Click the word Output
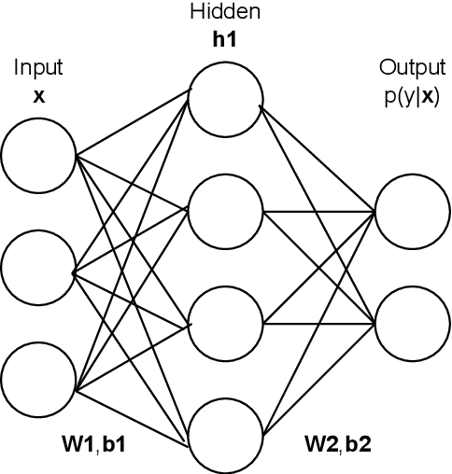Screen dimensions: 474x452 [x=411, y=68]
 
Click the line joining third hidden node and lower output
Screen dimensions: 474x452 [x=318, y=324]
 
